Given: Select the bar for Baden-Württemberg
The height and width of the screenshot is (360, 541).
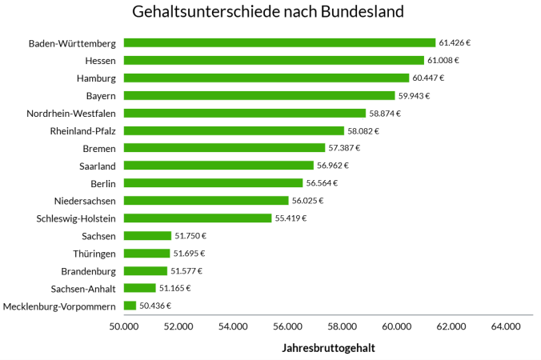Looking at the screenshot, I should (279, 42).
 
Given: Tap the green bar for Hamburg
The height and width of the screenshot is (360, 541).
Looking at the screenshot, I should (266, 78).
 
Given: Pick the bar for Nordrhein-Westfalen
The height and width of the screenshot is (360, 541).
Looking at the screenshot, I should (244, 113).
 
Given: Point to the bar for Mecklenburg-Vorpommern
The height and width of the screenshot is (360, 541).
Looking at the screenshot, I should (130, 306).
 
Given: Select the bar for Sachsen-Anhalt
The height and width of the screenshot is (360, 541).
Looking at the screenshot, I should (139, 288).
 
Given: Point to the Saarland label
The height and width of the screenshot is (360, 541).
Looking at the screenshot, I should (97, 166).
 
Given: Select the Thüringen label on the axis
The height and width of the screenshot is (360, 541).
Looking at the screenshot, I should (94, 253).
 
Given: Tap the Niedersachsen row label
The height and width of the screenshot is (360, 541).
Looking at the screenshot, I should (85, 201).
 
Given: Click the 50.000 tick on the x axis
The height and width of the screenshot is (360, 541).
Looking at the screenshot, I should (122, 326).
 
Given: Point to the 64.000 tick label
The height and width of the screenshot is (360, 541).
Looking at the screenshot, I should (506, 326).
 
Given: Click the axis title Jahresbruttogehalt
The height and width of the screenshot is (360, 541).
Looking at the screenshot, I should (328, 348).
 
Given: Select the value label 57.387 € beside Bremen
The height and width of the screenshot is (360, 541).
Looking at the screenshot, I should (345, 148).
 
